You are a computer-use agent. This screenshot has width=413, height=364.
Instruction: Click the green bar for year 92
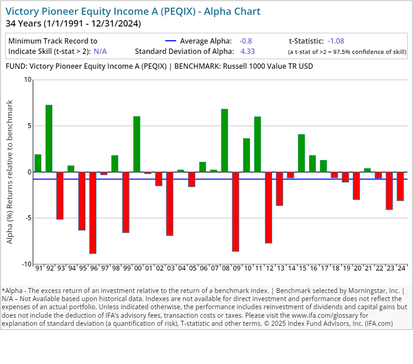point(49,138)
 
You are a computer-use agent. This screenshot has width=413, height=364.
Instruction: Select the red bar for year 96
point(93,213)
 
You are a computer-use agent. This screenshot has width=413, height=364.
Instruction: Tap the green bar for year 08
point(224,140)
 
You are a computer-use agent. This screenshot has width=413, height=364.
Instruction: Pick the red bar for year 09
point(235,212)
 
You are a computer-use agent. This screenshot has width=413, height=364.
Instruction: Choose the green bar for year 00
point(137,144)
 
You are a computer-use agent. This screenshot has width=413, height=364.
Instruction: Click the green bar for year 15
point(301,153)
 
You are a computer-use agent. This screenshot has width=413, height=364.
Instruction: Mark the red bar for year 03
point(170,204)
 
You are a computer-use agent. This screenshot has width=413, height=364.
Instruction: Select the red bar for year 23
point(389,191)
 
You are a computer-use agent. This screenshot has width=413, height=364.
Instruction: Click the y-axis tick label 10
point(28,80)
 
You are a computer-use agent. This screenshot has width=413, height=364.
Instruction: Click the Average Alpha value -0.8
point(246,41)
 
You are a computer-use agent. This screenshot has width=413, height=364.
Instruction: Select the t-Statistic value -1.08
point(336,41)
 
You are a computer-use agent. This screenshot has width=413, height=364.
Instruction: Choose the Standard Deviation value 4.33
point(247,51)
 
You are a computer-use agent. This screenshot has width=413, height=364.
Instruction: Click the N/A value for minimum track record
point(100,51)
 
